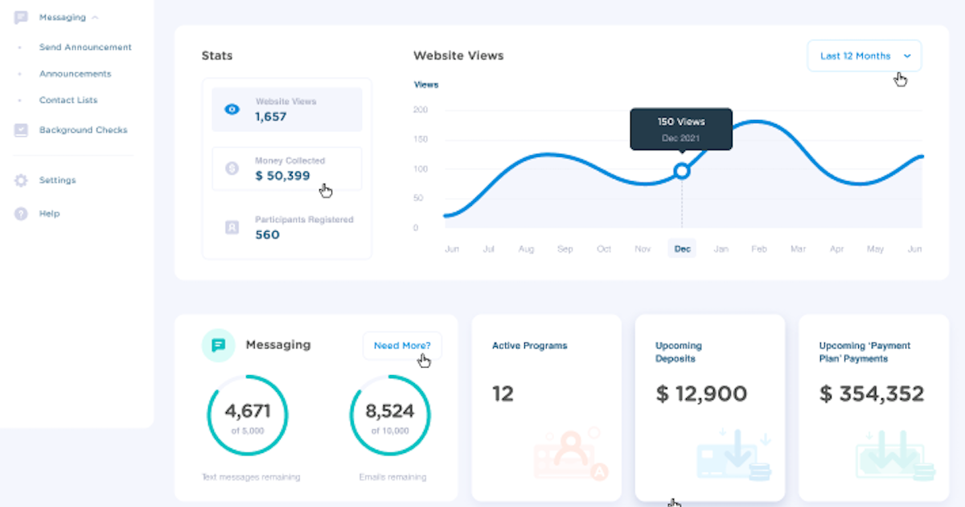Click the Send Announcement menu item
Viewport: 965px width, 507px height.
[85, 47]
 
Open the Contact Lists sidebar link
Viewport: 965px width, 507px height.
[68, 101]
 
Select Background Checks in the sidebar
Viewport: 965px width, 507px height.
[83, 130]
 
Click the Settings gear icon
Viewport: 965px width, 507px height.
[21, 181]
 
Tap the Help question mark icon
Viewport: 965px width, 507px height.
[21, 214]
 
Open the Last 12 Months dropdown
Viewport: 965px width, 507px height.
[864, 56]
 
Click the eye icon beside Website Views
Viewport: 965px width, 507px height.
[232, 109]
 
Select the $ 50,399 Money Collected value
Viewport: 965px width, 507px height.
[282, 175]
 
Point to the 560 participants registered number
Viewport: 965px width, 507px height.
[267, 235]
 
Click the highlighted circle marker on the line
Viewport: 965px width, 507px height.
[682, 171]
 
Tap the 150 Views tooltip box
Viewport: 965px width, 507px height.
[681, 129]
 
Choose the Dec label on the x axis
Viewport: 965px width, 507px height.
[682, 249]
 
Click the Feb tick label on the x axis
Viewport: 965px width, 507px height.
[759, 249]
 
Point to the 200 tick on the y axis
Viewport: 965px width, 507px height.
[421, 110]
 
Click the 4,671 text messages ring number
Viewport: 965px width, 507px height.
[248, 411]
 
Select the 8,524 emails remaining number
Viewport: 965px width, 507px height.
[390, 411]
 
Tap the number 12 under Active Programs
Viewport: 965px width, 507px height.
[503, 394]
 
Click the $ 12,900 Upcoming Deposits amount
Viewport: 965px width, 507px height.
[701, 394]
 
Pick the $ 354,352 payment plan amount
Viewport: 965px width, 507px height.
[872, 394]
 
